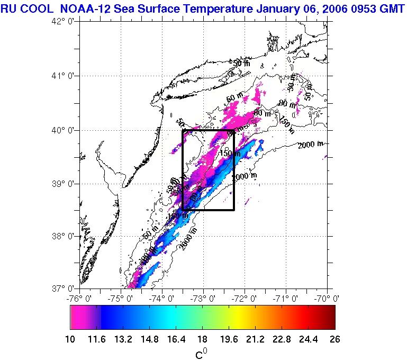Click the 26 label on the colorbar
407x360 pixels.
[331, 339]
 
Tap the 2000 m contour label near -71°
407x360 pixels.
[310, 145]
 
